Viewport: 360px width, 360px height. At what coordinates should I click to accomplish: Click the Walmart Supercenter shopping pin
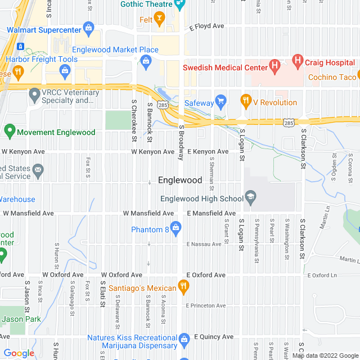(88, 26)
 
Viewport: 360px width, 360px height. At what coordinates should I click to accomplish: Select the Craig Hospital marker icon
(298, 60)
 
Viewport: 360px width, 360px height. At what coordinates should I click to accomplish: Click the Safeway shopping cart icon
(221, 102)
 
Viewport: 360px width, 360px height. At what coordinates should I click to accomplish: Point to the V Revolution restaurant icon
(245, 102)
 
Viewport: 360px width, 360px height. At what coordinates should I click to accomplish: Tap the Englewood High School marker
(251, 198)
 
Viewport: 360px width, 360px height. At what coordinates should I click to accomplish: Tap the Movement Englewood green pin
(9, 132)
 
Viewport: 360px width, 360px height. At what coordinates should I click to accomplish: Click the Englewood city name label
(180, 181)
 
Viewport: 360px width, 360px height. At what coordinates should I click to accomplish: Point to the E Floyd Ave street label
(206, 26)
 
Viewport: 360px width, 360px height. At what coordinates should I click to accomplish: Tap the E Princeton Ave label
(206, 305)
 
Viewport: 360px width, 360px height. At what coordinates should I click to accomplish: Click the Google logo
(18, 353)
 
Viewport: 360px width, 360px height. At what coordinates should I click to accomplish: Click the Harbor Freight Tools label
(42, 59)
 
